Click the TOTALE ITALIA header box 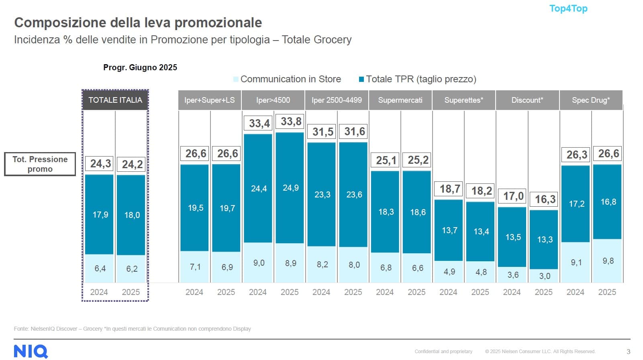[115, 100]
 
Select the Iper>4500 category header [273, 100]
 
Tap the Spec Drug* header [591, 100]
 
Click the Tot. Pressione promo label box [40, 164]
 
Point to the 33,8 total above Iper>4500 [291, 122]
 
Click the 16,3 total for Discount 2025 [545, 199]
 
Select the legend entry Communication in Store [290, 79]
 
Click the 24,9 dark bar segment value [291, 188]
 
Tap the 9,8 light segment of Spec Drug [608, 261]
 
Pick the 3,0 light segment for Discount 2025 [545, 276]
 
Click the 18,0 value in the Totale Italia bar [132, 215]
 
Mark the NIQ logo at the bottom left [31, 351]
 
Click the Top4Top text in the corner [568, 8]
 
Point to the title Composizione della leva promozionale [138, 22]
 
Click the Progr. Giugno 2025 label [140, 67]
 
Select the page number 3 [629, 352]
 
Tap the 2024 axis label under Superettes [448, 292]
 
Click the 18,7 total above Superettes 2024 [449, 189]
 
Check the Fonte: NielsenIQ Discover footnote [133, 329]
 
